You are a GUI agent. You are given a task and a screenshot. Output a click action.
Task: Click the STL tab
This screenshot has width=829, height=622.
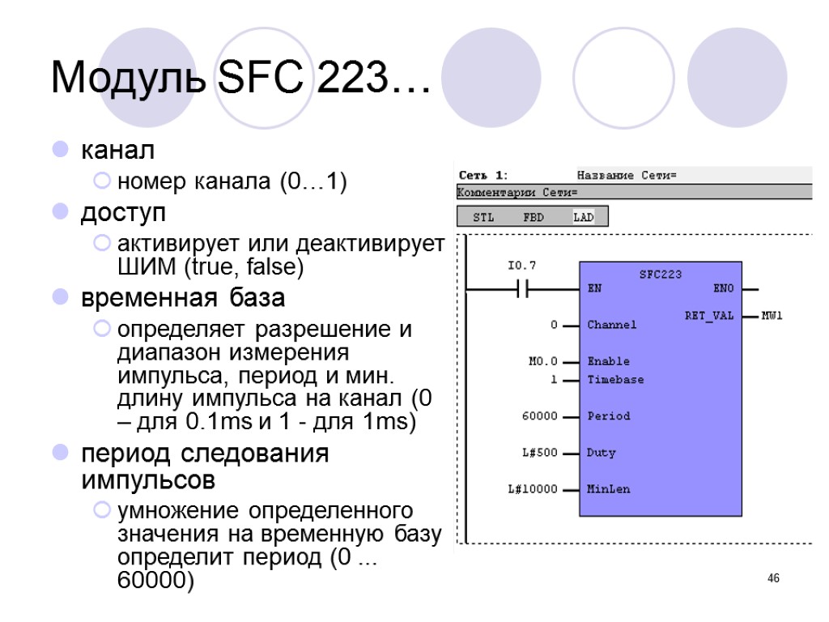pyautogui.click(x=483, y=217)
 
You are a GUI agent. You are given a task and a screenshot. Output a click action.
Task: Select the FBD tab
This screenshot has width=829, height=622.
pyautogui.click(x=534, y=217)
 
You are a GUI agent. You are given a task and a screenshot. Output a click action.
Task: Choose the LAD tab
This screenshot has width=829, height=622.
pyautogui.click(x=583, y=217)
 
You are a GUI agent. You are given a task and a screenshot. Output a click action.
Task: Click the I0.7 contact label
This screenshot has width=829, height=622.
pyautogui.click(x=521, y=266)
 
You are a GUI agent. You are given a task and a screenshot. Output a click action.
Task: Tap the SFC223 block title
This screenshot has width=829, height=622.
pyautogui.click(x=661, y=275)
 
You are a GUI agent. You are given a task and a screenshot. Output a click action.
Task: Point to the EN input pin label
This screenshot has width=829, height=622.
pyautogui.click(x=594, y=288)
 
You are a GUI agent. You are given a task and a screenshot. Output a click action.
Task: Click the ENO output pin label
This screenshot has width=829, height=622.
pyautogui.click(x=723, y=288)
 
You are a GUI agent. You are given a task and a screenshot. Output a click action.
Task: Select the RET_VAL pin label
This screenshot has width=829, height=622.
pyautogui.click(x=709, y=316)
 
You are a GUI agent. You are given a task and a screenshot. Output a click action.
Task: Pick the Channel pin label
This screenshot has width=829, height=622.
pyautogui.click(x=611, y=325)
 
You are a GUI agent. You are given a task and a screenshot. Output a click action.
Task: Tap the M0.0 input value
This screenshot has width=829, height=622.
pyautogui.click(x=542, y=361)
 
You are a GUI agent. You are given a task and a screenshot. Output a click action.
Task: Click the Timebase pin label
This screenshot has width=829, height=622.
pyautogui.click(x=615, y=380)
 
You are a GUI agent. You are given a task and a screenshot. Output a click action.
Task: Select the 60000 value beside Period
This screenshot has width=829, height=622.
pyautogui.click(x=540, y=416)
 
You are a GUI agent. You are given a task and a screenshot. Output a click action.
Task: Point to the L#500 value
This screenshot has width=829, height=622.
pyautogui.click(x=540, y=453)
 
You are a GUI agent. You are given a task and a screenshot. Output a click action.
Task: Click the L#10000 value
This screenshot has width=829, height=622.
pyautogui.click(x=534, y=489)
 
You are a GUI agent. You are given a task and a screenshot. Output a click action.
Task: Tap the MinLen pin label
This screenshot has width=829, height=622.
pyautogui.click(x=608, y=489)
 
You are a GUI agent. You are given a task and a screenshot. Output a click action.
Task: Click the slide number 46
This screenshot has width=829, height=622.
pyautogui.click(x=773, y=578)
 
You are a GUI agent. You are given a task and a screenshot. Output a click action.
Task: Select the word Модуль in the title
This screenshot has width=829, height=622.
pyautogui.click(x=129, y=79)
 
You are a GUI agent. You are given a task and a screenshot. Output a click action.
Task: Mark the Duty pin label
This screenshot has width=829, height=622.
pyautogui.click(x=601, y=453)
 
